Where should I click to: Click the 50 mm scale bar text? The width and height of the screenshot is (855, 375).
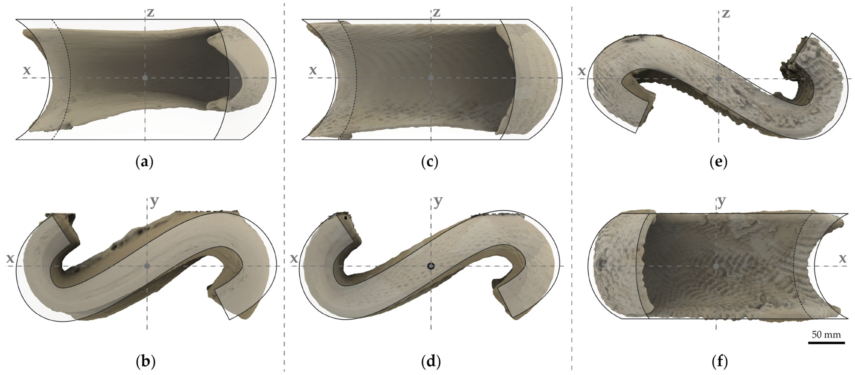[x=826, y=334]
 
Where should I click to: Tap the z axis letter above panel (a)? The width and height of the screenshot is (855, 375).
[x=151, y=13]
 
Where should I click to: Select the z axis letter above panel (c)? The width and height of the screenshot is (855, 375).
[x=437, y=13]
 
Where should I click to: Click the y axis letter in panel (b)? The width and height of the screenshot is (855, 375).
[x=154, y=201]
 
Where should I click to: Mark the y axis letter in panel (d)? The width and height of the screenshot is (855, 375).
[x=438, y=201]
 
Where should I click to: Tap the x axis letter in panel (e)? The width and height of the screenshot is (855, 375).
[x=582, y=71]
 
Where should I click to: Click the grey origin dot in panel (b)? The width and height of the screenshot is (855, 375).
[x=147, y=266]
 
